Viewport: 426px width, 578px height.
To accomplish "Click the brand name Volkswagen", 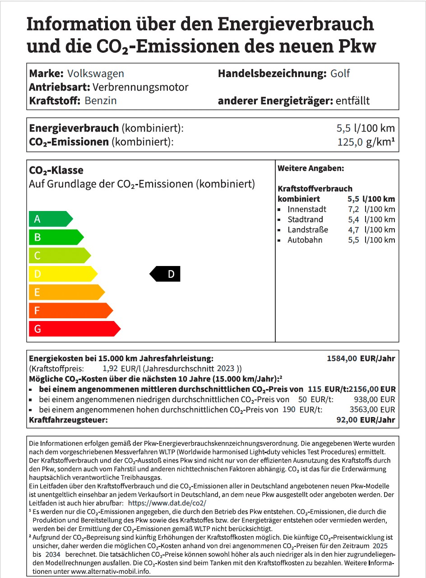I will coord(95,73).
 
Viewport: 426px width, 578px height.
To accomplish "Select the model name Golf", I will coord(340,73).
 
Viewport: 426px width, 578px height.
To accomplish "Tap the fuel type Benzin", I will coord(100,101).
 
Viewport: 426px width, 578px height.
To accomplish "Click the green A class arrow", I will coord(50,219).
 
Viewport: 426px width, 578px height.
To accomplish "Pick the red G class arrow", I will coord(74,329).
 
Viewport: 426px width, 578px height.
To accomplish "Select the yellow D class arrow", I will coord(62,274).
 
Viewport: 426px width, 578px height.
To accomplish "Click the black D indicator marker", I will coord(165,274).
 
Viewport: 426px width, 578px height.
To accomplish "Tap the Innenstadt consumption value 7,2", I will coord(353,209).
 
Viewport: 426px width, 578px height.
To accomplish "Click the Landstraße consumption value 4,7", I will coord(353,229).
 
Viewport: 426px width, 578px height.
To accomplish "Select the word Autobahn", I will coord(305,240).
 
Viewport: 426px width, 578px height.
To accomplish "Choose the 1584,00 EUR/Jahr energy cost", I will coord(361,359).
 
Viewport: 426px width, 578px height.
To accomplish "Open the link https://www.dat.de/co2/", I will coord(167,503).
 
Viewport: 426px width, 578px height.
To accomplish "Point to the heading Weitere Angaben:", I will coord(310,169).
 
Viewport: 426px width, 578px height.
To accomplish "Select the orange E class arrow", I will coord(66,292).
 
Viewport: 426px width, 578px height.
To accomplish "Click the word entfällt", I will coord(353,101).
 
